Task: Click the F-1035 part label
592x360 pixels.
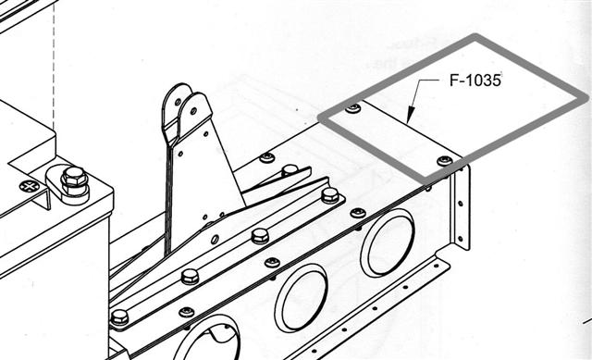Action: (475, 81)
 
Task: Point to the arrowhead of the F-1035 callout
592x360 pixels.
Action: (411, 115)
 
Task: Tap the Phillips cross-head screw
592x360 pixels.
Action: (29, 186)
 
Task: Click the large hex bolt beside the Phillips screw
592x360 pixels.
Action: (74, 181)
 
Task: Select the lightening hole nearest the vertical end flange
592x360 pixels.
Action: (388, 242)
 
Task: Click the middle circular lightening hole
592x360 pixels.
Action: (301, 298)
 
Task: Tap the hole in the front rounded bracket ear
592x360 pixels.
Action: (193, 111)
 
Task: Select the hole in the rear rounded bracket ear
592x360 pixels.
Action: (178, 102)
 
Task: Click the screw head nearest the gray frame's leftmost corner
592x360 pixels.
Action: (353, 108)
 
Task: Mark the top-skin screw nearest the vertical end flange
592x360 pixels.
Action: (445, 161)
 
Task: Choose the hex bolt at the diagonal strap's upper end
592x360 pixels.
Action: (330, 195)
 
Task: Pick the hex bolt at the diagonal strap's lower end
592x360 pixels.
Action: (119, 317)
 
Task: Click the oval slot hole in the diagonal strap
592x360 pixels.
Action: (215, 239)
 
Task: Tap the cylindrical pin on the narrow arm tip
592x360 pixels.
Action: (290, 169)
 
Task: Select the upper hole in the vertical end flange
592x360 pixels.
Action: (461, 204)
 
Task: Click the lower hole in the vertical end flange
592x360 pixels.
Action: (460, 239)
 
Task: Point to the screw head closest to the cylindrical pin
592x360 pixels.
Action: (267, 156)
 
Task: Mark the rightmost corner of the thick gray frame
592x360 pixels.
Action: (586, 98)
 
